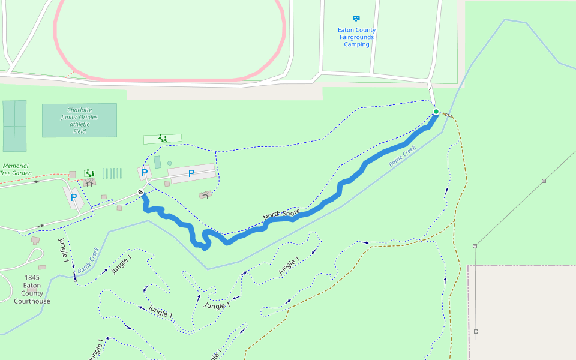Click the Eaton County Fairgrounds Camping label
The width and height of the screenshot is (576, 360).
click(x=356, y=37)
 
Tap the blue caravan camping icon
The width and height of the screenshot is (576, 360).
click(x=356, y=19)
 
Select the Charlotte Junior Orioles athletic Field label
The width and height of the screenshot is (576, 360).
click(x=79, y=121)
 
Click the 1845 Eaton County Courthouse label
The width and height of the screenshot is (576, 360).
click(x=32, y=289)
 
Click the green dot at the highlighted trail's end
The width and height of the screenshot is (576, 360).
click(x=436, y=112)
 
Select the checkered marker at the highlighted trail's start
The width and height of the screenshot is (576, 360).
click(x=141, y=193)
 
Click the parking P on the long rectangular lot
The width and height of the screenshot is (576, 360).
click(x=191, y=174)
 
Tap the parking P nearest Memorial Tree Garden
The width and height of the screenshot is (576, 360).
click(x=74, y=197)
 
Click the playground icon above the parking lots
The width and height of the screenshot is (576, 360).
click(x=162, y=139)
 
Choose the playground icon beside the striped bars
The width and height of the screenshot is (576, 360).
click(x=90, y=173)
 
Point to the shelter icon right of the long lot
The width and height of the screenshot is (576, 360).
click(x=205, y=195)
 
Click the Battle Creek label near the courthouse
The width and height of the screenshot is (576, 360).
click(x=88, y=260)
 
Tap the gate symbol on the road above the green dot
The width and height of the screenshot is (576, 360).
click(x=430, y=89)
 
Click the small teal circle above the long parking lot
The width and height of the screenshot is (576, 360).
click(x=170, y=163)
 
